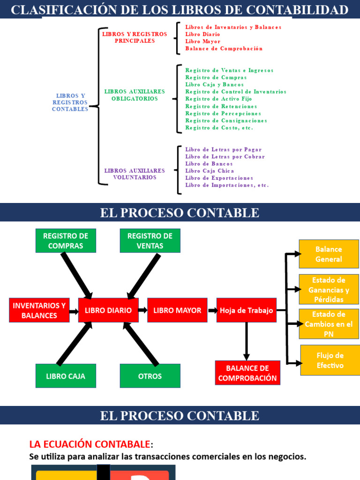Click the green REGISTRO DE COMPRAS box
66,240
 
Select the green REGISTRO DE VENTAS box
150,240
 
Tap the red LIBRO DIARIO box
108,310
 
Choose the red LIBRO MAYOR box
177,310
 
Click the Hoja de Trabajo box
247,310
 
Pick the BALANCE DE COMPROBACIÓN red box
247,373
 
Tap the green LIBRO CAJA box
66,376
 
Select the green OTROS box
150,376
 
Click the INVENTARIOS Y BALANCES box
39,310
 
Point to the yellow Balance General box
329,254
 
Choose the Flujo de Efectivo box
330,360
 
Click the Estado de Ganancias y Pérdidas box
329,290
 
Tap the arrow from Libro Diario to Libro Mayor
143,310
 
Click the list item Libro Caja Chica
209,171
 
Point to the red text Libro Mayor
202,42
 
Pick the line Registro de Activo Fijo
218,99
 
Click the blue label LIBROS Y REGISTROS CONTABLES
70,102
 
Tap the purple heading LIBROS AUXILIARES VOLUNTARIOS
135,174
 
